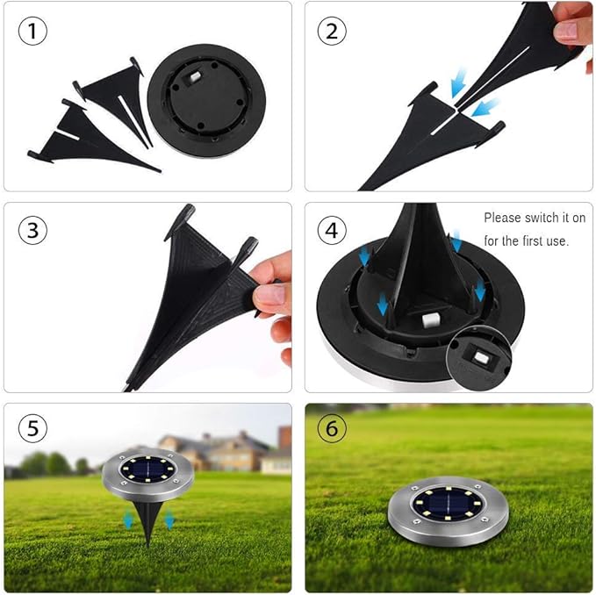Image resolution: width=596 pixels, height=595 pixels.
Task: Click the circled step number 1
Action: click(x=32, y=31)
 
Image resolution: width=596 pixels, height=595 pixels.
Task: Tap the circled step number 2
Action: click(x=332, y=31)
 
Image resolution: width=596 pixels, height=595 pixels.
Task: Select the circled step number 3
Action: click(x=32, y=230)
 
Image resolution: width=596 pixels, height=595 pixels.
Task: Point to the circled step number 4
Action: click(x=332, y=230)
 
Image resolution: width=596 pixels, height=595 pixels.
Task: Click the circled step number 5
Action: click(x=32, y=428)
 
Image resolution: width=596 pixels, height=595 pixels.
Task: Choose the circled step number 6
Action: click(x=332, y=428)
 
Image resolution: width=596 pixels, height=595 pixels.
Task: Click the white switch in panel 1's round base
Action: click(x=195, y=76)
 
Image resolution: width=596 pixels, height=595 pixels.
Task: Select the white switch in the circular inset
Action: click(x=482, y=357)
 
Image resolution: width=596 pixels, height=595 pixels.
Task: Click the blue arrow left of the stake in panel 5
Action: click(x=128, y=520)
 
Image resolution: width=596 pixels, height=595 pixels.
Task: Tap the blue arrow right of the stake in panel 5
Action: click(x=169, y=520)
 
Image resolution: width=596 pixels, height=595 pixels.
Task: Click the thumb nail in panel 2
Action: click(x=566, y=32)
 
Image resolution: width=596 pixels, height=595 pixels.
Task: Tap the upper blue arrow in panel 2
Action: click(x=458, y=82)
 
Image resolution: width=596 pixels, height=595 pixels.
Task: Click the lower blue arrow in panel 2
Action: click(x=485, y=107)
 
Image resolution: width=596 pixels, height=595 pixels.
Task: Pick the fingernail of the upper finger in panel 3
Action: click(x=269, y=294)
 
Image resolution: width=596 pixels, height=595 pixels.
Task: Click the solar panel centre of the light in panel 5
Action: click(x=147, y=470)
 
